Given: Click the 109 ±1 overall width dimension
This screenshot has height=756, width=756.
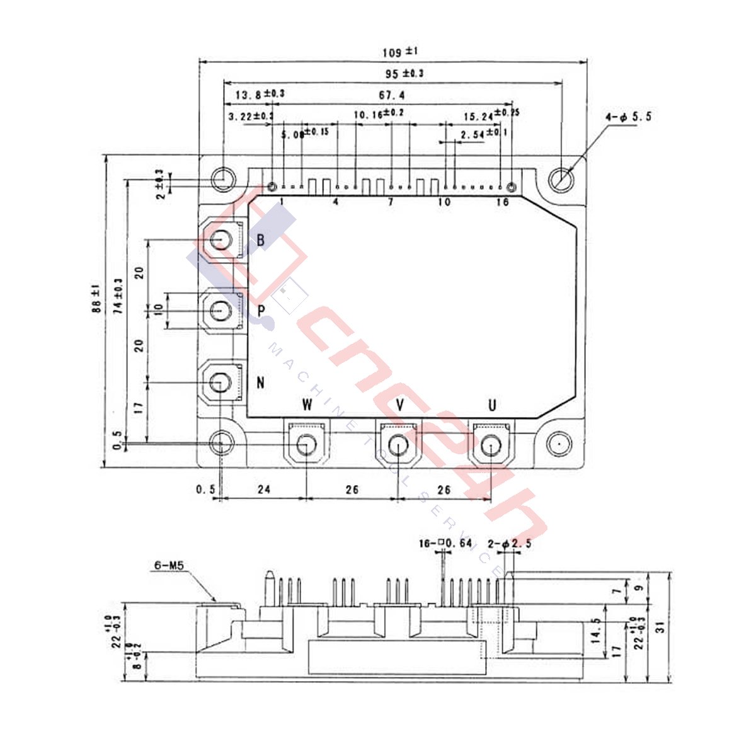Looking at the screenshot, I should pos(400,52).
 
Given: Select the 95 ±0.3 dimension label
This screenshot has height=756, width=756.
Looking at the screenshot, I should pos(404,74).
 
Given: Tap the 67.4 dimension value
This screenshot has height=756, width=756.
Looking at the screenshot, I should pos(391,95).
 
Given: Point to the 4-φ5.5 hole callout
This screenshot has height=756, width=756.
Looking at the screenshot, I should pos(628,117).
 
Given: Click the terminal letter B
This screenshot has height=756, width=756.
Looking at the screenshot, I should pos(260,240).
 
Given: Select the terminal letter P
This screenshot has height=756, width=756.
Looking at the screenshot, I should pos(261,311).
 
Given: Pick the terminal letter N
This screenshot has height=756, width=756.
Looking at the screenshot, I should pos(260,382).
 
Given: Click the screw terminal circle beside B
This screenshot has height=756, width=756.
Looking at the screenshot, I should pos(221,239).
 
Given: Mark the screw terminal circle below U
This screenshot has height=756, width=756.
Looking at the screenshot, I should pos(491,447).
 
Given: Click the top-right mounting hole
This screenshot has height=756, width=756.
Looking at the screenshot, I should pos(560,180).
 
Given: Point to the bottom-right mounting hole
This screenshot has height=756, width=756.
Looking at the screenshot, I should pos(558,445).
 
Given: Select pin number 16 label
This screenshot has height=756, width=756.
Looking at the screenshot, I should pos(502,202).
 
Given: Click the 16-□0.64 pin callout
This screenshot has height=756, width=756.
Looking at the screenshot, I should pos(445,543).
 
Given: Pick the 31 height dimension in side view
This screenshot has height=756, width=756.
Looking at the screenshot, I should pos(659,627).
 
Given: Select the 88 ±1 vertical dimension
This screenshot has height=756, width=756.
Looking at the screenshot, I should pos(96,299).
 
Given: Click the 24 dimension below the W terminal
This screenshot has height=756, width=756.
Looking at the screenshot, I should pos(264,489).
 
